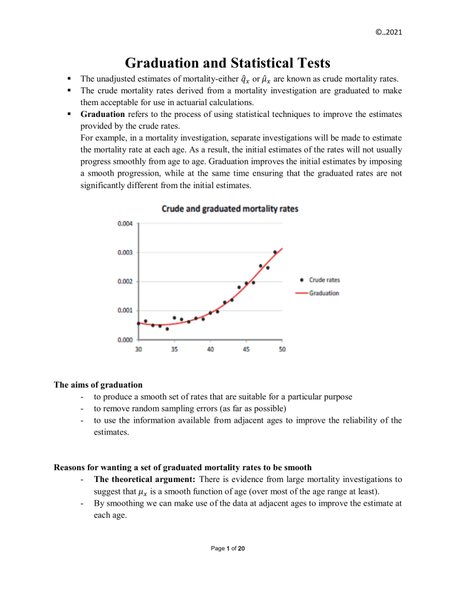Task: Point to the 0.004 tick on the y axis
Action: click(x=125, y=223)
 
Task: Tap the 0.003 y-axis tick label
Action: click(x=125, y=252)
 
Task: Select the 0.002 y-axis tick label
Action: click(x=125, y=281)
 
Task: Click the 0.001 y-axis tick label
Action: click(x=125, y=310)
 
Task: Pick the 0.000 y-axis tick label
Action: click(x=125, y=340)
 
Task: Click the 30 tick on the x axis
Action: click(x=138, y=349)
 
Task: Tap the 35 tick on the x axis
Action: click(x=175, y=349)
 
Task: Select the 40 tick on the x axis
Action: click(x=211, y=349)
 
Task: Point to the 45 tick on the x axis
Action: click(x=246, y=349)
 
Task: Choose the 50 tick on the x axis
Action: click(x=282, y=349)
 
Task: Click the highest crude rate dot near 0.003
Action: click(x=275, y=252)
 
